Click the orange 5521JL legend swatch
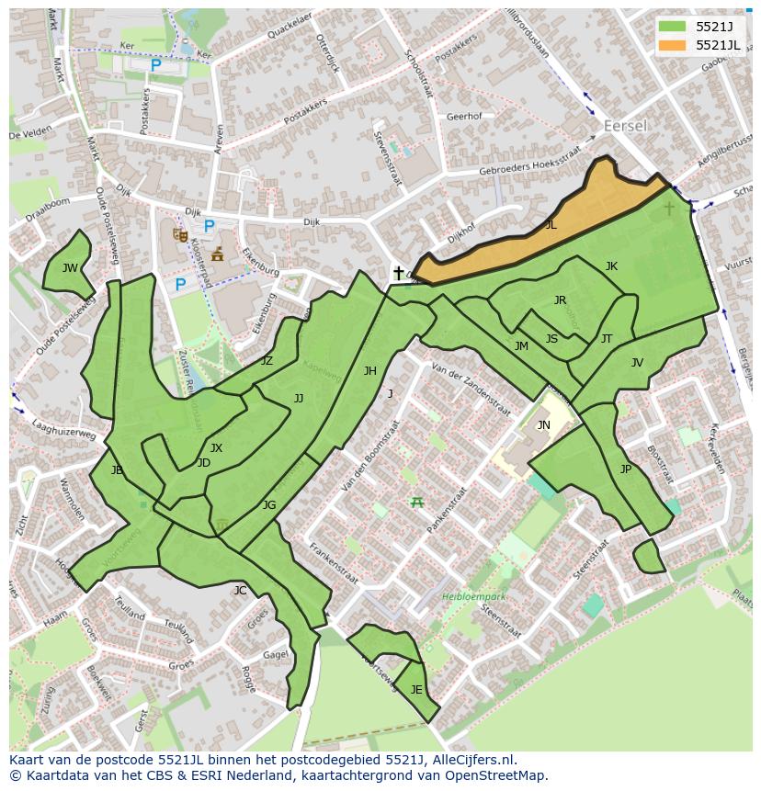click(x=672, y=45)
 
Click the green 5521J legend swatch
click(x=672, y=27)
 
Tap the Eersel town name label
click(x=625, y=125)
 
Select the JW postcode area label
click(x=70, y=268)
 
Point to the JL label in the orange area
click(x=551, y=224)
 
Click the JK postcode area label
click(x=611, y=266)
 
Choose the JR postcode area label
click(x=560, y=300)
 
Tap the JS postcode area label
click(x=551, y=339)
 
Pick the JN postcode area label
click(x=543, y=424)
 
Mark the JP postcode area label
click(x=625, y=469)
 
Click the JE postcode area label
click(x=416, y=690)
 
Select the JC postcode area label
click(x=240, y=590)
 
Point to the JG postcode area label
click(x=269, y=505)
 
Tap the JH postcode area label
click(x=369, y=371)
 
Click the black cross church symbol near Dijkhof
click(x=398, y=273)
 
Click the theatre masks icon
click(x=180, y=235)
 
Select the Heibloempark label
click(x=474, y=595)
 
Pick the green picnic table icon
click(x=417, y=501)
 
